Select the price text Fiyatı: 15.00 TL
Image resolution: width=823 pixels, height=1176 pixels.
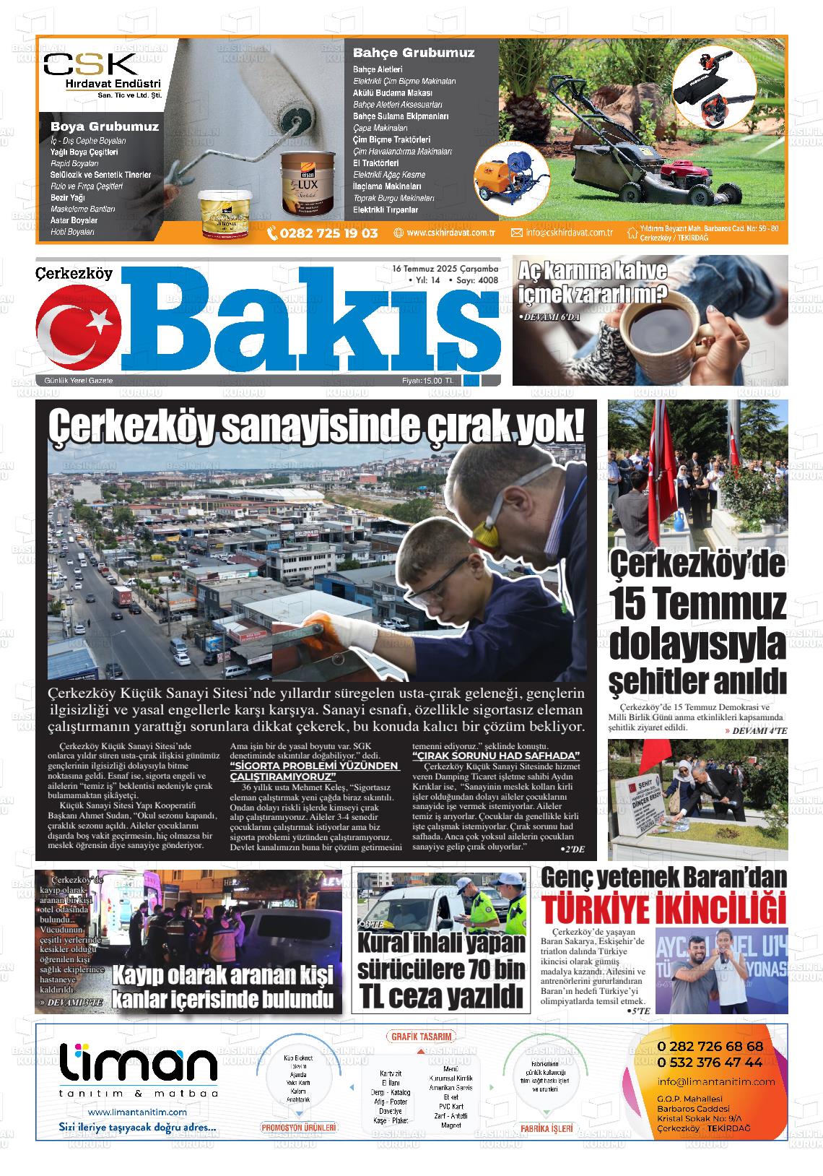coord(428,381)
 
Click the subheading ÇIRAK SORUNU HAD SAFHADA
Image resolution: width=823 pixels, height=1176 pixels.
coord(496,756)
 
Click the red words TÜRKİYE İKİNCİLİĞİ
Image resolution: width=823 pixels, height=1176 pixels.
coord(663,907)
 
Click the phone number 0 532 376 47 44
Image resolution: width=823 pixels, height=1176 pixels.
coord(710,1063)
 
